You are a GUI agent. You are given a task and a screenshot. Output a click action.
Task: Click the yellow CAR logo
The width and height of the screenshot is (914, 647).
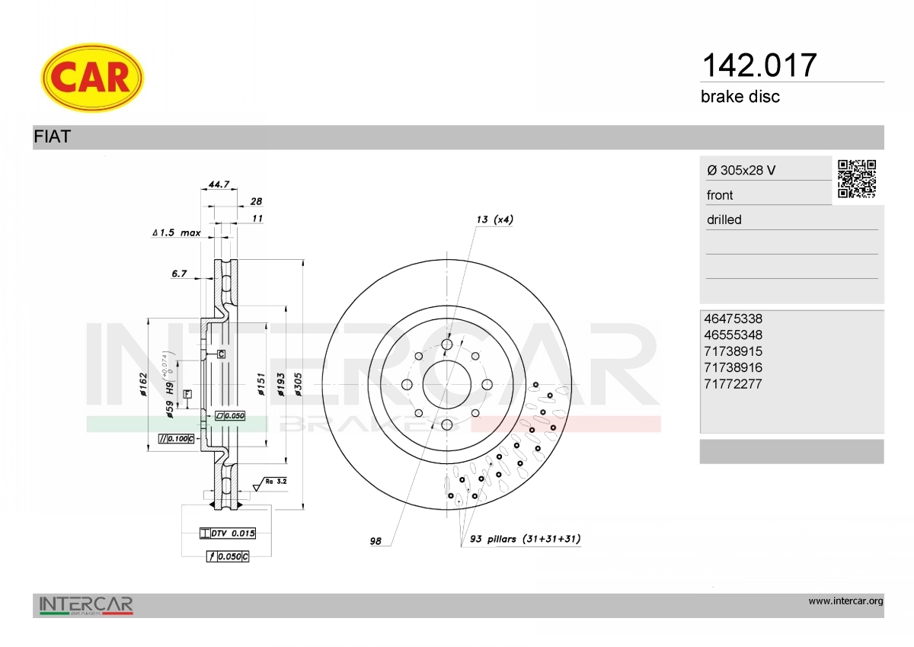pyautogui.click(x=92, y=78)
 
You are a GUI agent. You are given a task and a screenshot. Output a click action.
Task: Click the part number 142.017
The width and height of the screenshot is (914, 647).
pyautogui.click(x=759, y=66)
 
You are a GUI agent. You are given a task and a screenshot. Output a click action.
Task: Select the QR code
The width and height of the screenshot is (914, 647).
pyautogui.click(x=857, y=179)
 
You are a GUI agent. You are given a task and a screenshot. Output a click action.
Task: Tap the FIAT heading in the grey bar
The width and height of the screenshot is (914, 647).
pyautogui.click(x=53, y=136)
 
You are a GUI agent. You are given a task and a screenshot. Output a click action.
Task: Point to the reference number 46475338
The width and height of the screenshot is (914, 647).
pyautogui.click(x=733, y=319)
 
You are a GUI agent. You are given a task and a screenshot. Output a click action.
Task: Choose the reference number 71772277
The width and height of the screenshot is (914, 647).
pyautogui.click(x=733, y=384)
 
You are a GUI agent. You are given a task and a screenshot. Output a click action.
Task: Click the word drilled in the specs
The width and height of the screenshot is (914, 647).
pyautogui.click(x=724, y=219)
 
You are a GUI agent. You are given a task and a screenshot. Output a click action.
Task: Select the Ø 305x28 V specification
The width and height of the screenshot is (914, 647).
pyautogui.click(x=741, y=170)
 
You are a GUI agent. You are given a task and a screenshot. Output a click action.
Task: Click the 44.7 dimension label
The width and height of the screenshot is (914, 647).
pyautogui.click(x=219, y=184)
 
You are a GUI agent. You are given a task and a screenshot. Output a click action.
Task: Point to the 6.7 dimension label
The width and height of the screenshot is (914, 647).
pyautogui.click(x=179, y=274)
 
